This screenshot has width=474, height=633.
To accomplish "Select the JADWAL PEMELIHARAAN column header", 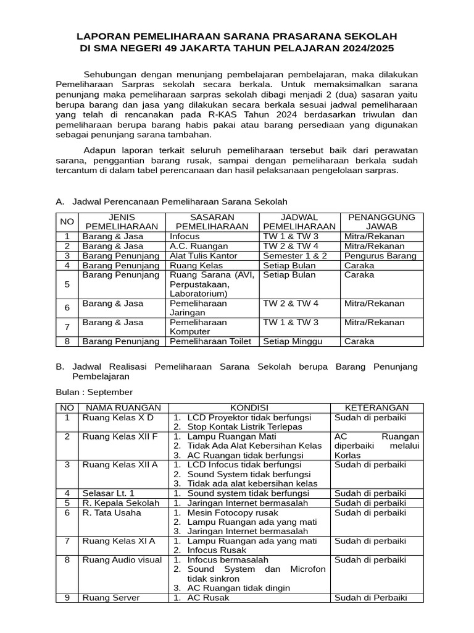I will click(x=299, y=221).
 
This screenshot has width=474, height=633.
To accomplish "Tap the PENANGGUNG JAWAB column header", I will click(x=381, y=221).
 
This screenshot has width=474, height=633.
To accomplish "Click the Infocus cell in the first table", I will click(x=183, y=236).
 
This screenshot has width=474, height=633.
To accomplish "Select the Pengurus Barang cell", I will click(x=380, y=255).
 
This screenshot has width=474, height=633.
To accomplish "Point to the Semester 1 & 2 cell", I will click(x=295, y=255).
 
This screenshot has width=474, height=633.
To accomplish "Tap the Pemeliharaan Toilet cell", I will click(x=209, y=341).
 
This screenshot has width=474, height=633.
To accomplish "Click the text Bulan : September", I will click(x=94, y=392).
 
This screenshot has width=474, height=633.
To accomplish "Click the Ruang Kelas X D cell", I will click(x=117, y=417).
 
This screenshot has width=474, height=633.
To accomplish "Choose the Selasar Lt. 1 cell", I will click(x=108, y=493).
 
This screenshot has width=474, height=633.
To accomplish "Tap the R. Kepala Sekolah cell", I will click(x=120, y=503).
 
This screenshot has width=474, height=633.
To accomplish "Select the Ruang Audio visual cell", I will click(x=122, y=559).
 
